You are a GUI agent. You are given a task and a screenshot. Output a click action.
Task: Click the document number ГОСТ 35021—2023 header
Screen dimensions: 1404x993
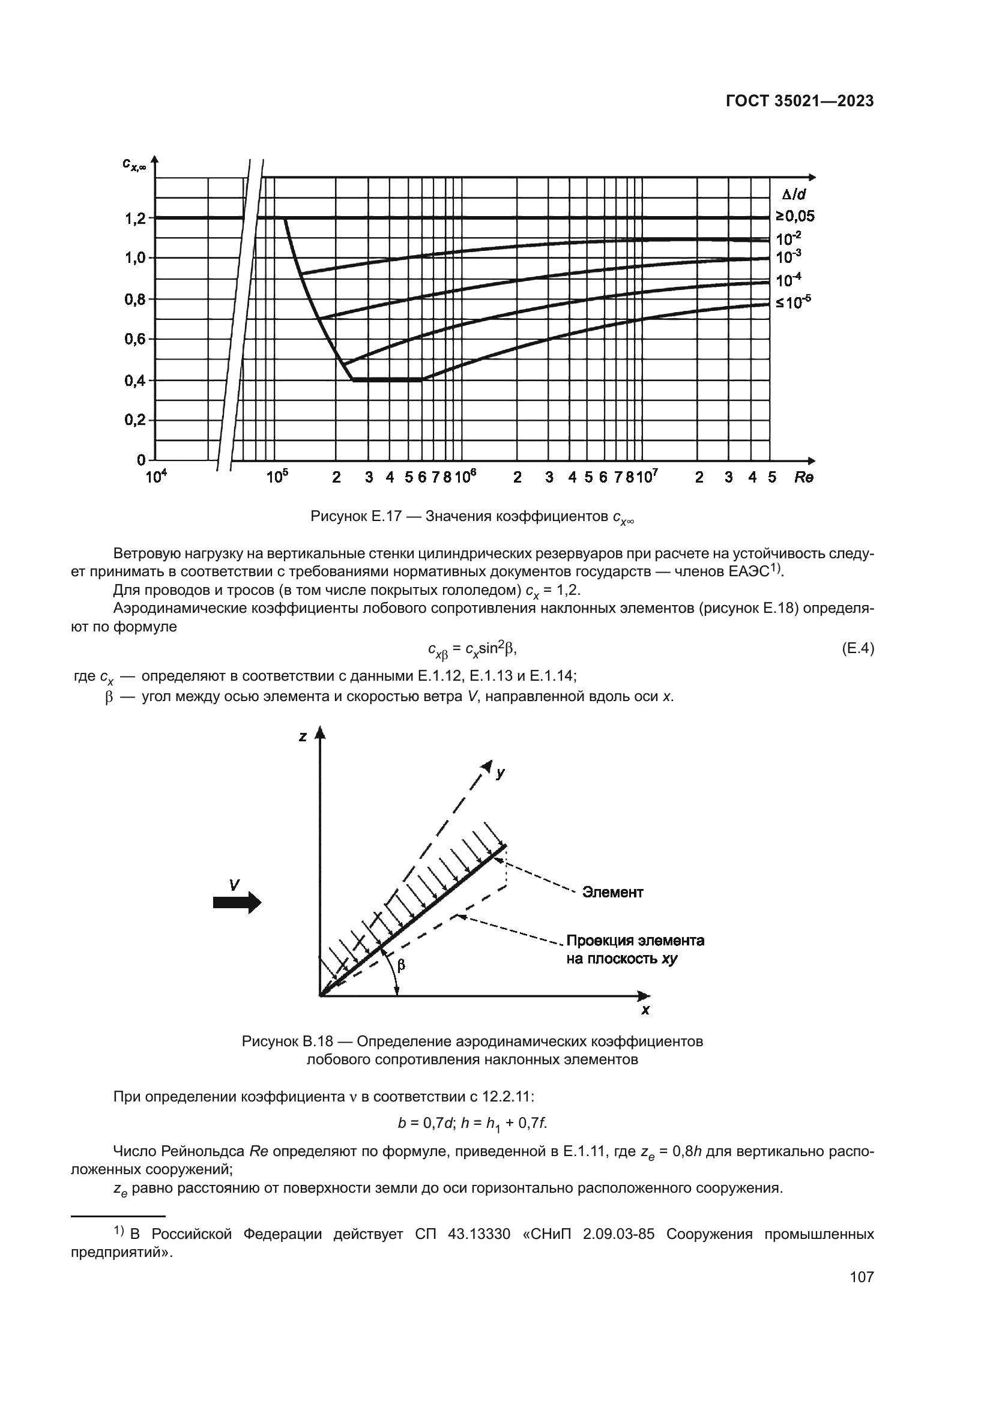799,101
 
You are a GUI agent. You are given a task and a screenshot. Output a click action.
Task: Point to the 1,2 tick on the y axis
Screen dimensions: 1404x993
136,218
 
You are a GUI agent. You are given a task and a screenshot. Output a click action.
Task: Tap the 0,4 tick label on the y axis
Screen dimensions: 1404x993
136,381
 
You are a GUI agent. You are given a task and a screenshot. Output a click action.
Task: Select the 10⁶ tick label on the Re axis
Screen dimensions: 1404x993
465,477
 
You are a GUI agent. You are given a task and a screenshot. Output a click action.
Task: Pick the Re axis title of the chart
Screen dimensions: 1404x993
804,478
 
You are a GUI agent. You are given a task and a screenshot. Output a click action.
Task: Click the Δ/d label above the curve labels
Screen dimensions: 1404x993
794,195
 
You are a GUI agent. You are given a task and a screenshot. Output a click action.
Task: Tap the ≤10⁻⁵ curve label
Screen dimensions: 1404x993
794,301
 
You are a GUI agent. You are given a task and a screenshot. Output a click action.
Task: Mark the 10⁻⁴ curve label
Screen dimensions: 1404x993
788,281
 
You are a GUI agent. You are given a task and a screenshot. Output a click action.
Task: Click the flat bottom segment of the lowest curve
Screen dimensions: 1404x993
388,380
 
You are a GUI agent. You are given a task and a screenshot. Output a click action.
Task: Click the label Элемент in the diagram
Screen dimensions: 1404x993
612,893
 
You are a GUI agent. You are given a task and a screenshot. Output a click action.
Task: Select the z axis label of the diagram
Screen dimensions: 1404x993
303,737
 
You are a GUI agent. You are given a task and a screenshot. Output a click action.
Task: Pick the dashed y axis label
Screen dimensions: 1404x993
501,773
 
